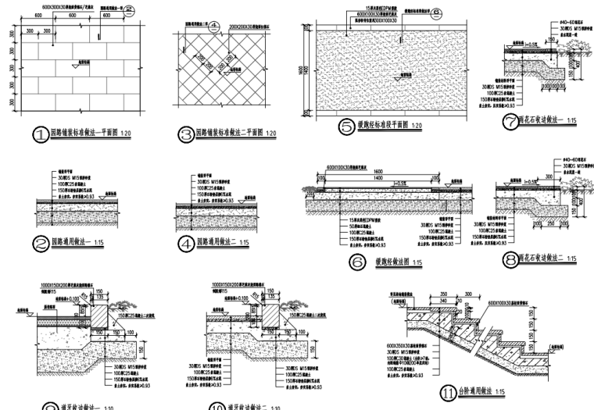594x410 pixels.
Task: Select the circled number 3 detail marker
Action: tap(186, 134)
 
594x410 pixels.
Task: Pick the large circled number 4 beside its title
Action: tap(186, 244)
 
